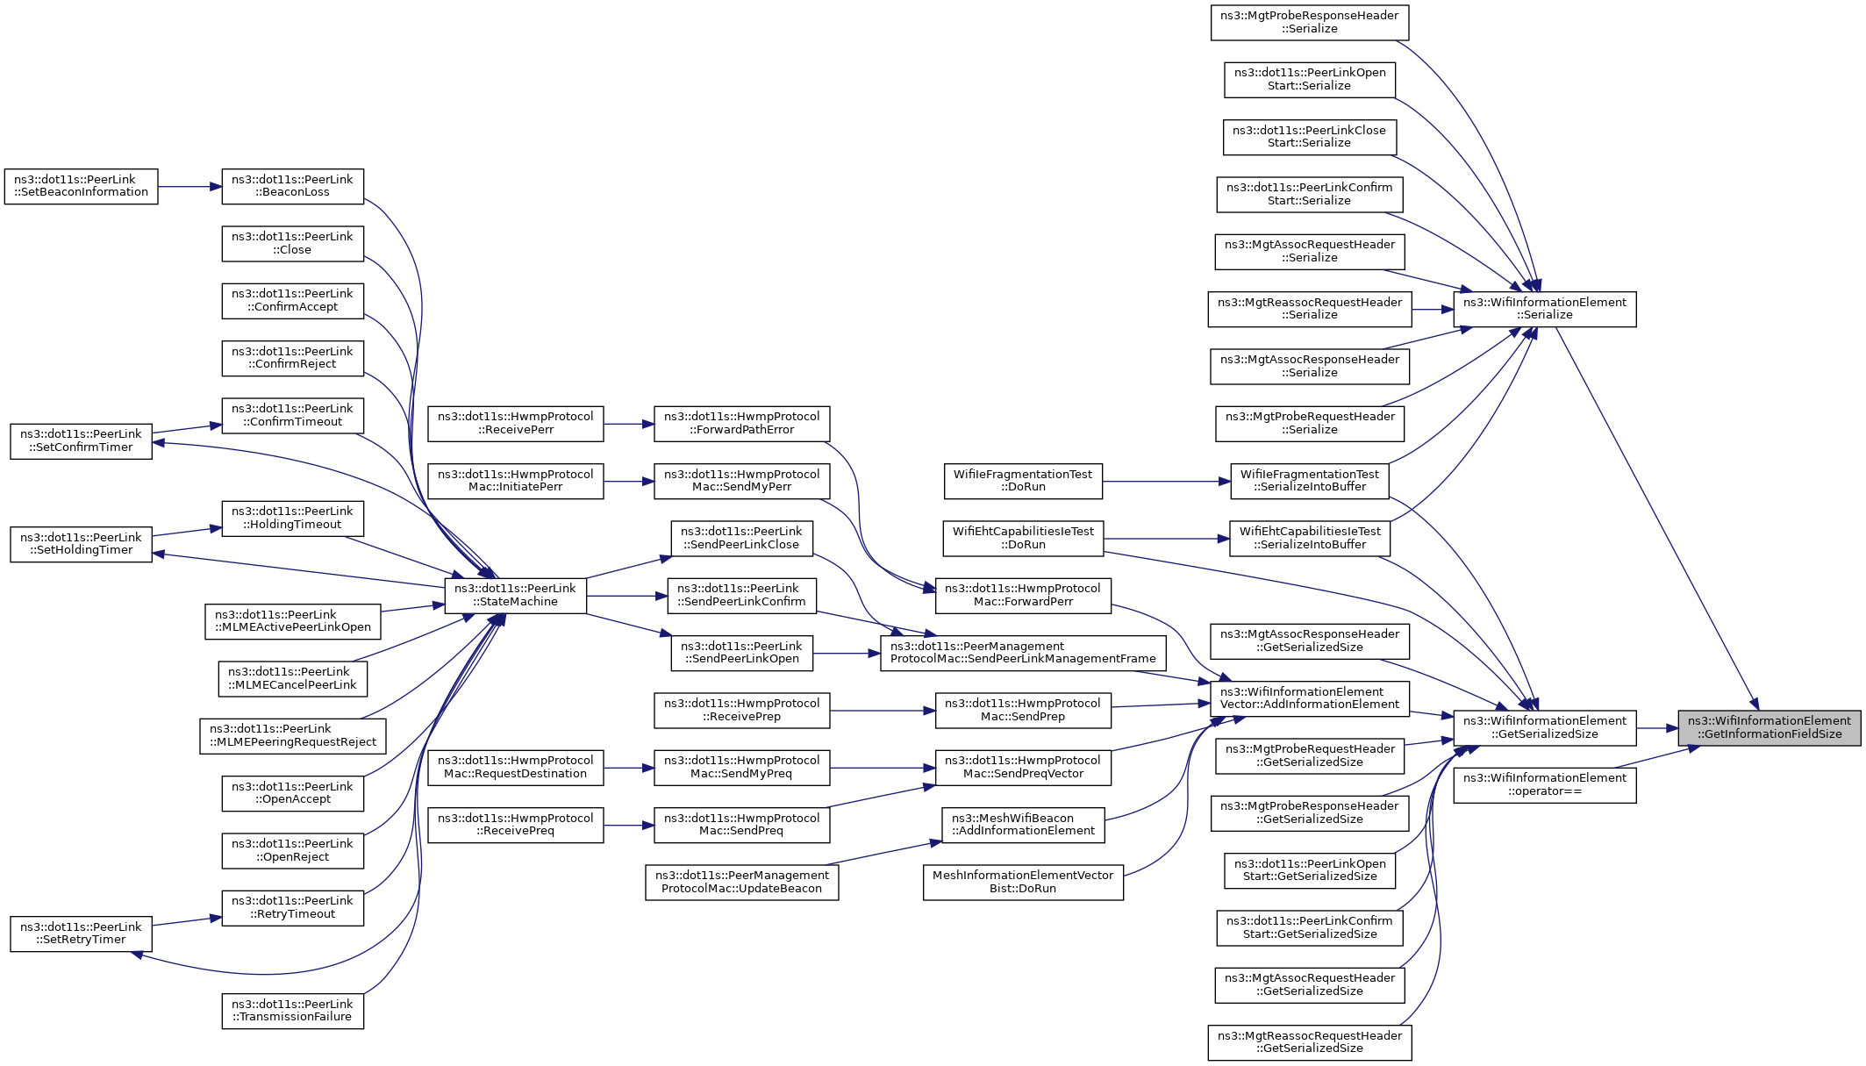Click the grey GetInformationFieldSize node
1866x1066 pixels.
1769,728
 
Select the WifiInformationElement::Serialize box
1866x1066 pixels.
1544,310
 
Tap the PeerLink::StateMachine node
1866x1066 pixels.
515,596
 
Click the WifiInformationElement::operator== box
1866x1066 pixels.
1544,785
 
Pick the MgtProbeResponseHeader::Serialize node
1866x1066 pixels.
1309,23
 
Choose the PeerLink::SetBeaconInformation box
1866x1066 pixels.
81,187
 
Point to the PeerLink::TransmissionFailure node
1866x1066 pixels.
292,1011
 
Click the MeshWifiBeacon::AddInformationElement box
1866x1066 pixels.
1023,825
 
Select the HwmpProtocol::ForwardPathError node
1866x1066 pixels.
741,424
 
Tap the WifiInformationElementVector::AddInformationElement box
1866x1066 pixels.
1309,698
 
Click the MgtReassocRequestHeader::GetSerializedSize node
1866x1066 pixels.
1309,1042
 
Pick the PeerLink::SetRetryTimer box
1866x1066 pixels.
81,934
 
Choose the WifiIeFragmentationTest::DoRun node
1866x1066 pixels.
1023,481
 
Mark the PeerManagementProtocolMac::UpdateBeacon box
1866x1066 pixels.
741,883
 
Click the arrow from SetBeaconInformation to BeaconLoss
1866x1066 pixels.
189,187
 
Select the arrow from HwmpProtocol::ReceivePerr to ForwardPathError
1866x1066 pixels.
629,424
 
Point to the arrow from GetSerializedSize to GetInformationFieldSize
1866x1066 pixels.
1657,728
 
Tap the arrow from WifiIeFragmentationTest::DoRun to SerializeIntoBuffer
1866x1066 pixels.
1167,481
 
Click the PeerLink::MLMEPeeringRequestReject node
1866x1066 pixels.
292,736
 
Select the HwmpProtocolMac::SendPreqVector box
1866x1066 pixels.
1023,768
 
